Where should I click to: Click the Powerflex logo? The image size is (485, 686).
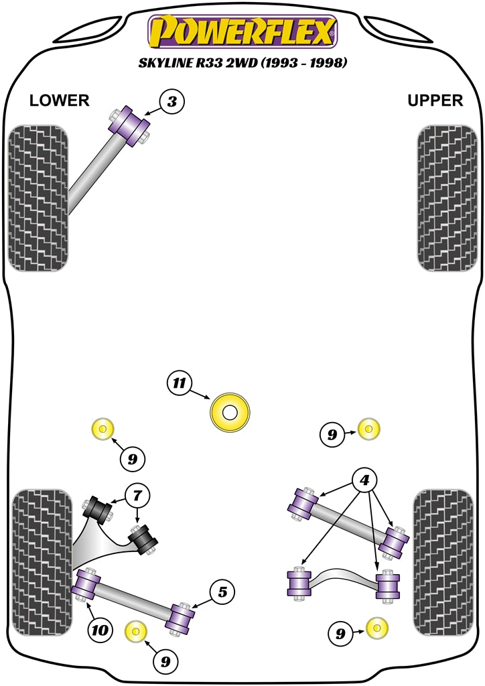242,31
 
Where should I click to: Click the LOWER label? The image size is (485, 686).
59,100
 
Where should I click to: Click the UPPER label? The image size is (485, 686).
435,100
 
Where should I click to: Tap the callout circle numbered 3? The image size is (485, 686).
172,102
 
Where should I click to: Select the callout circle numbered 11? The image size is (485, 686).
178,383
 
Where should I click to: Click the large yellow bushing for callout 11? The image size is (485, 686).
230,412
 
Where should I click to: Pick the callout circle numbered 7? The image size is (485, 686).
137,496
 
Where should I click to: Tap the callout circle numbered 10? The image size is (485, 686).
100,630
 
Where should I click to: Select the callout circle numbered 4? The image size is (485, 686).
365,480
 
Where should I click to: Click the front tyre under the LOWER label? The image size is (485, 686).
38,198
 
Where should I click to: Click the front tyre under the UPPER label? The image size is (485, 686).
447,198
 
